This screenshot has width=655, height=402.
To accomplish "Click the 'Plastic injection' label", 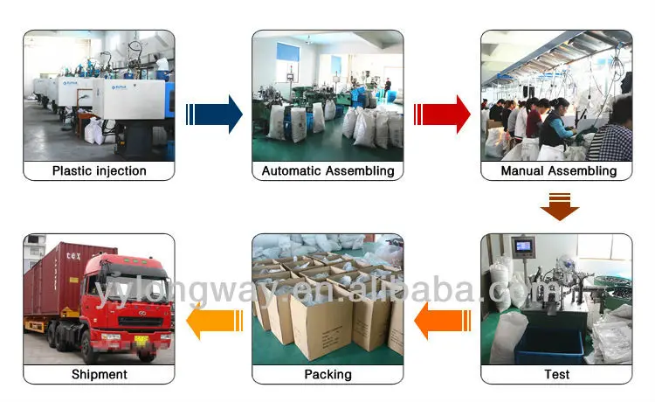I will pos(99,171).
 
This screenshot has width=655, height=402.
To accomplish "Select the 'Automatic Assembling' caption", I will pos(327,171).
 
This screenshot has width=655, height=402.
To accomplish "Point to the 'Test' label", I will pos(556,375).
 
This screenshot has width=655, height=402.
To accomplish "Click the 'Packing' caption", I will pos(327,375).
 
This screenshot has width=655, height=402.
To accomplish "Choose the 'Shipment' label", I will pos(99,375).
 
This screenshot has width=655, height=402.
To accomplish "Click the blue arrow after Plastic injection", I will pos(216,114).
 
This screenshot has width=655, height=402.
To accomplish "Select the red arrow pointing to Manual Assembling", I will pos(444,114).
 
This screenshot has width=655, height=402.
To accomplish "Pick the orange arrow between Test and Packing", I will pos(444,320).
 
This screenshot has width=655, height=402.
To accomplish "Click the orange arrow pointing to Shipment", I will pos(214,320).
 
